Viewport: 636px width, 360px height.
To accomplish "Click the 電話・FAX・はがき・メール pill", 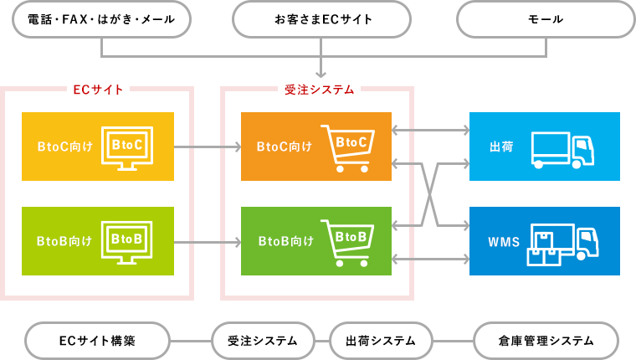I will click(101, 19).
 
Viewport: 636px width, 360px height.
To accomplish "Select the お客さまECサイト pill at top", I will click(322, 19).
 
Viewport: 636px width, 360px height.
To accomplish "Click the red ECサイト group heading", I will click(99, 88).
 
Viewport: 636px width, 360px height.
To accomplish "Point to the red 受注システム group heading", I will click(319, 88).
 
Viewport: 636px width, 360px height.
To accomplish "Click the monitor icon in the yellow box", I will click(127, 147).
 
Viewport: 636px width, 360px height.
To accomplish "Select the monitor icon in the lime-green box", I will click(127, 241).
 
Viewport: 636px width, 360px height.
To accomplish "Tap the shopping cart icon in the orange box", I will click(346, 147).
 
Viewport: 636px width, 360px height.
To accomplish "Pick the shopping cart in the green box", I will click(346, 241).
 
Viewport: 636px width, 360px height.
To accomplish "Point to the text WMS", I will click(503, 242).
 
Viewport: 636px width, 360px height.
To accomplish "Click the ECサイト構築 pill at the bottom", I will click(98, 341).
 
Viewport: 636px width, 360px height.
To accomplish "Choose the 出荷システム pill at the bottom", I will click(381, 341).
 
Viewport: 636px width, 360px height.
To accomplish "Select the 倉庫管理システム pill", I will click(546, 341).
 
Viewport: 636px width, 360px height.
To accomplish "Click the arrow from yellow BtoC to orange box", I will click(207, 147).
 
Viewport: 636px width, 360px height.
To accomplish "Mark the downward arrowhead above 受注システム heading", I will click(322, 73).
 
